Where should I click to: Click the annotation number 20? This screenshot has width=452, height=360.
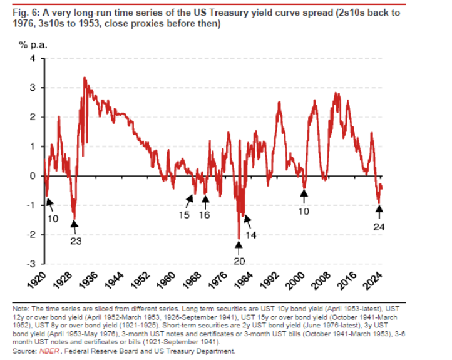[239, 261]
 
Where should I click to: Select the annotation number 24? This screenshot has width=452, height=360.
[378, 227]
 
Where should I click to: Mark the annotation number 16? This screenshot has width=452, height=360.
[204, 215]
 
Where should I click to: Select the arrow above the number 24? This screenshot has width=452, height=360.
[378, 212]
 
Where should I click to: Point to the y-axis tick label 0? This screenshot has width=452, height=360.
[36, 176]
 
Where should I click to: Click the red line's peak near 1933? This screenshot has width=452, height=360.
[85, 78]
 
